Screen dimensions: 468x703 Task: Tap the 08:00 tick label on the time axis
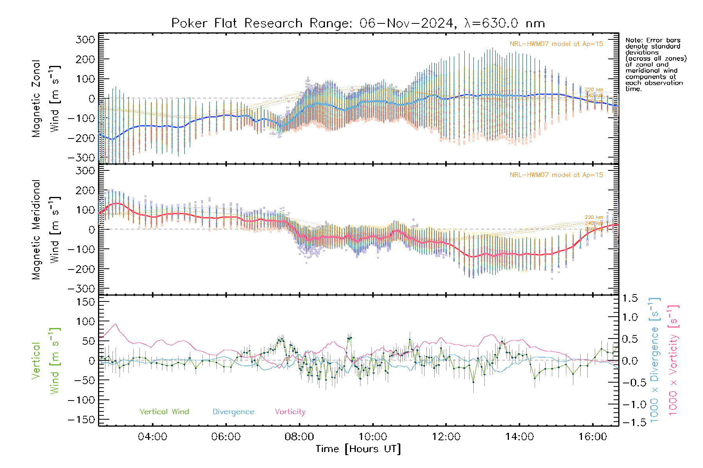tap(299, 437)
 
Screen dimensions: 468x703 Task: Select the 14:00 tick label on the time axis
tap(519, 437)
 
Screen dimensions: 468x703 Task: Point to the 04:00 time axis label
tap(152, 437)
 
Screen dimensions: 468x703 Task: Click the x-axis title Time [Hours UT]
tap(358, 449)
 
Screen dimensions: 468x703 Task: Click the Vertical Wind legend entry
tap(164, 412)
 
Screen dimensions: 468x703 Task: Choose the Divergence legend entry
tap(233, 412)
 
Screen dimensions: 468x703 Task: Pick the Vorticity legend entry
tap(290, 412)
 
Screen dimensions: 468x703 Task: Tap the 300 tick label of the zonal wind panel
tap(85, 39)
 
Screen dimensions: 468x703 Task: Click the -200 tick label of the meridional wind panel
tap(81, 269)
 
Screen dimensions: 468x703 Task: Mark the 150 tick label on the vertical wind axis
tap(85, 302)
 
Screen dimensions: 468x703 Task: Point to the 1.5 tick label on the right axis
tap(630, 298)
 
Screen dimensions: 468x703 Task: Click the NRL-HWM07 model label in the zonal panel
tap(556, 44)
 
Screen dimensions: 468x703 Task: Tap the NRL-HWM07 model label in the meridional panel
tap(556, 175)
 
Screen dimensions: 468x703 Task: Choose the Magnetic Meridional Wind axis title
tap(46, 229)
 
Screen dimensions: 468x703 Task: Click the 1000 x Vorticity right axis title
tap(673, 360)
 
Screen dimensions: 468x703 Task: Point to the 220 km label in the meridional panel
tap(594, 217)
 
